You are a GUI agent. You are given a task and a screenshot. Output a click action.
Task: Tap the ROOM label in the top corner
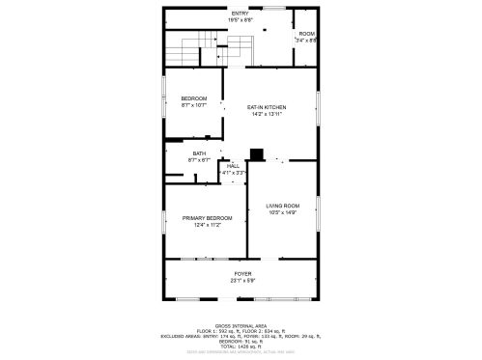[305, 34]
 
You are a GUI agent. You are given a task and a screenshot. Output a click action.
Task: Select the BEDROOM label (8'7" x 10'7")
[194, 98]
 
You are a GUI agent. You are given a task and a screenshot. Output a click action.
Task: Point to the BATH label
[199, 152]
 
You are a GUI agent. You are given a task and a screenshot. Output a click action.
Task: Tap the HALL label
[233, 166]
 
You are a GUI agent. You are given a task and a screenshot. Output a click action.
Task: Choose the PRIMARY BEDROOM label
[208, 218]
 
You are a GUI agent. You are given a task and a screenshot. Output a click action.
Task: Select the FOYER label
[241, 274]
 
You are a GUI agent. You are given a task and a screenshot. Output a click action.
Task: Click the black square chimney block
[256, 152]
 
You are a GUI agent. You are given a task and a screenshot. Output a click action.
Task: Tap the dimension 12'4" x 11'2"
[208, 225]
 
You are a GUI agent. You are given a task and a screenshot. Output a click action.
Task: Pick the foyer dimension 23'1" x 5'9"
[241, 281]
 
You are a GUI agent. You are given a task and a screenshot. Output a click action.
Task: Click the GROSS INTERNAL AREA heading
[241, 325]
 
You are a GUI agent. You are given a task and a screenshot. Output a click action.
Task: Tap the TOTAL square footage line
[241, 346]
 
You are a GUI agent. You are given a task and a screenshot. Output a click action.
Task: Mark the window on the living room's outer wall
[318, 210]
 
